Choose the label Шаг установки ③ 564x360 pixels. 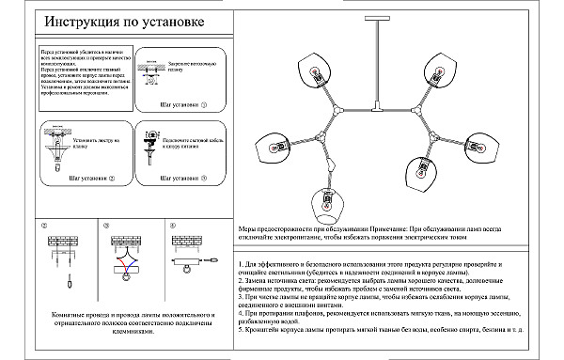click(x=183, y=177)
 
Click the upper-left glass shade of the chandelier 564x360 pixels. click(x=313, y=73)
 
